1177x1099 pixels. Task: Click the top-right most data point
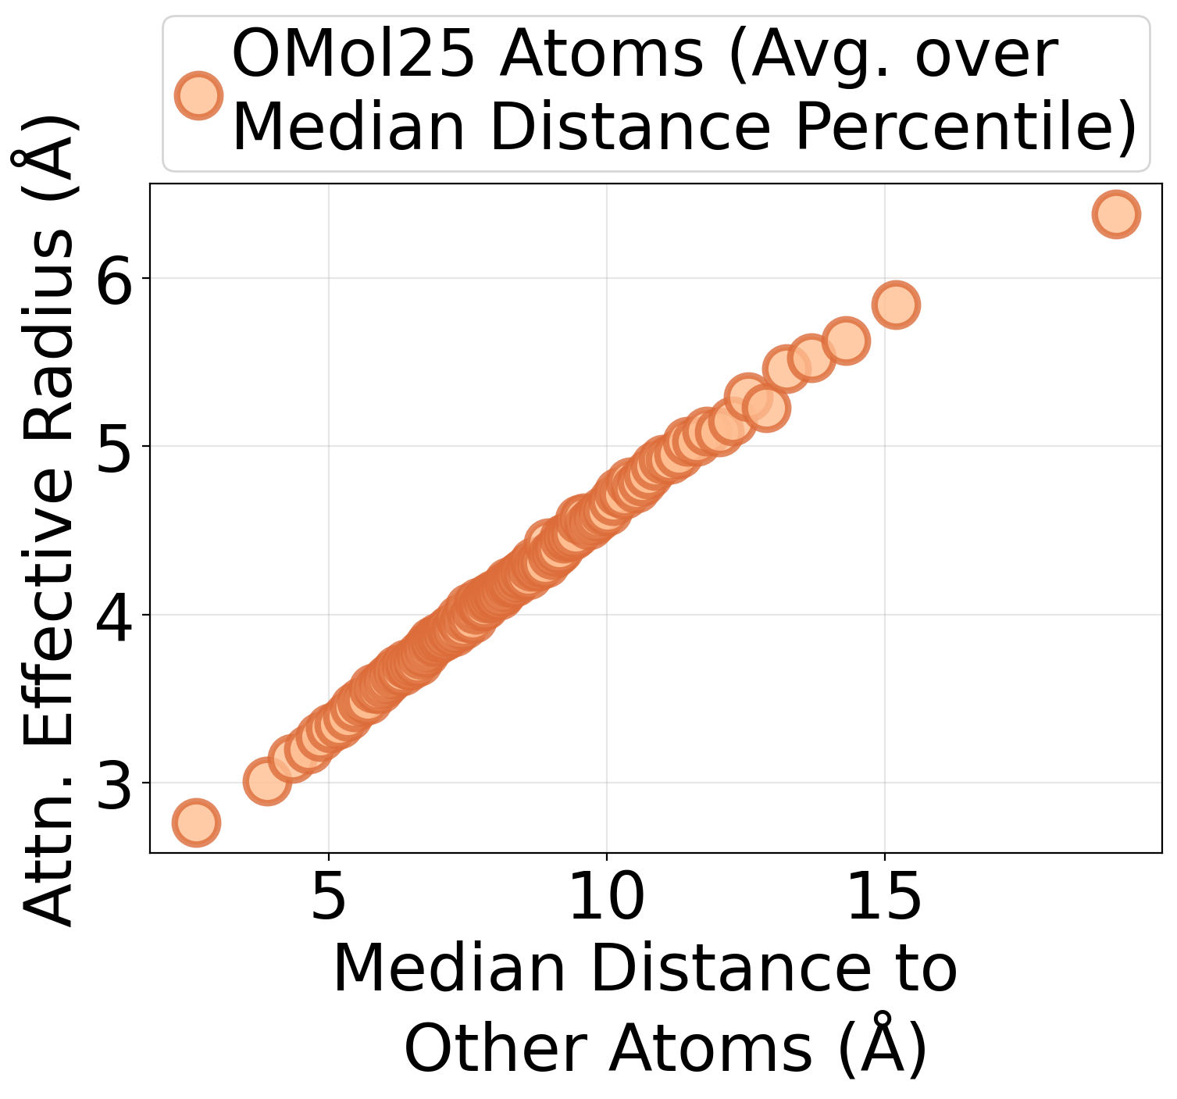pyautogui.click(x=1116, y=213)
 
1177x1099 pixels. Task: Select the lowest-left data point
pyautogui.click(x=195, y=822)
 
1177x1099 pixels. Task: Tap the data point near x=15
pyautogui.click(x=895, y=305)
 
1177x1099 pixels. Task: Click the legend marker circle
pyautogui.click(x=198, y=95)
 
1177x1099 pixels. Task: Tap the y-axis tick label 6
pyautogui.click(x=113, y=279)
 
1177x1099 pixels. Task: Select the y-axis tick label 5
pyautogui.click(x=113, y=447)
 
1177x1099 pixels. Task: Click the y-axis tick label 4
pyautogui.click(x=113, y=615)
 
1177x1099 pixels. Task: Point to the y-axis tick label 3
pyautogui.click(x=113, y=783)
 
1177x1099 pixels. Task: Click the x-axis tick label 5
pyautogui.click(x=329, y=898)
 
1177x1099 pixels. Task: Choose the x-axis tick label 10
pyautogui.click(x=607, y=898)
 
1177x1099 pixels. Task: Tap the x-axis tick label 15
pyautogui.click(x=884, y=898)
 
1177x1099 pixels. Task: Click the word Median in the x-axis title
pyautogui.click(x=448, y=969)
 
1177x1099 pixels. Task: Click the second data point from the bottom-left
pyautogui.click(x=267, y=780)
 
